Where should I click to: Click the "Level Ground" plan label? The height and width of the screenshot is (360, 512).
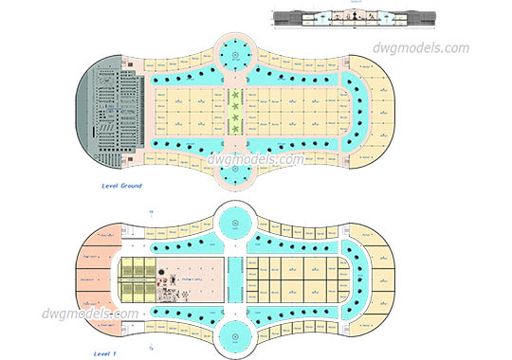121,187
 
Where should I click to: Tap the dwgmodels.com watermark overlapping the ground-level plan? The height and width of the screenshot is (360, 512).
256,160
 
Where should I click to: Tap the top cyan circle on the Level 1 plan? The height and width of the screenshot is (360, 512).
233,224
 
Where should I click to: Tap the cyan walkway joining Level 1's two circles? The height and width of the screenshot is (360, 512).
233,279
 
